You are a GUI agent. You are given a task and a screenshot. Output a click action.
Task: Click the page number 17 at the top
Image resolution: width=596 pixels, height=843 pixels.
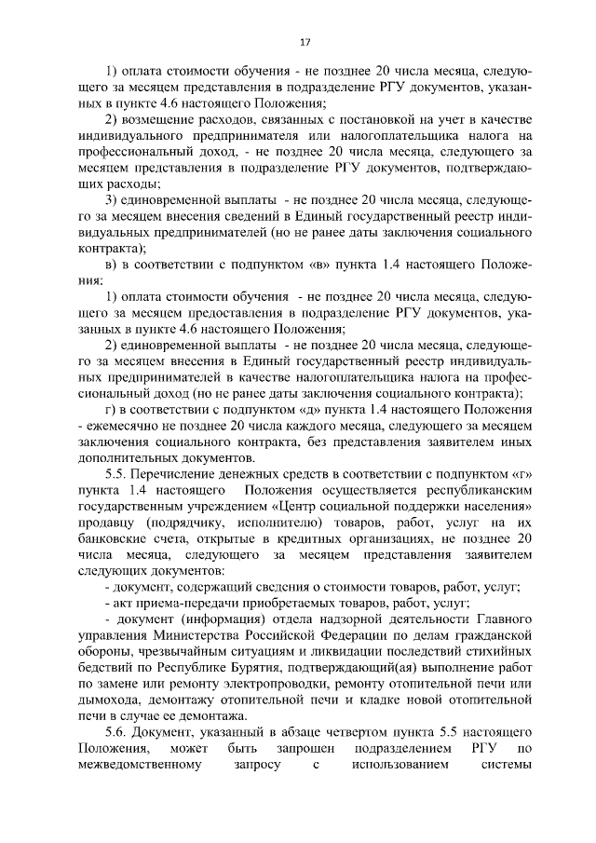[305, 42]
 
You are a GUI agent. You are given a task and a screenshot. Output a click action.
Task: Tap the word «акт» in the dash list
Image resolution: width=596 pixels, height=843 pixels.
[126, 605]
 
